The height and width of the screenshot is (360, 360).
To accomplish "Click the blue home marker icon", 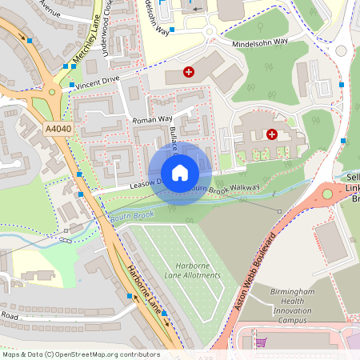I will (180, 173).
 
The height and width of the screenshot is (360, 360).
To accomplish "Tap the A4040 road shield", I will (58, 129).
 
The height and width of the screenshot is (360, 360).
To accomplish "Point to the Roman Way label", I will (154, 119).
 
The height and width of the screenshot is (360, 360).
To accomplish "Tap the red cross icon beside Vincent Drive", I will (189, 72).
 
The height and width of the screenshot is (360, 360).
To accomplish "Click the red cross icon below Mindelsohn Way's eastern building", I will (272, 134).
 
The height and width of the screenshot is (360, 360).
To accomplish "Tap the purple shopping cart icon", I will (260, 342).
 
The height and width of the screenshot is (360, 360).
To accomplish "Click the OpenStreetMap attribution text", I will (81, 354).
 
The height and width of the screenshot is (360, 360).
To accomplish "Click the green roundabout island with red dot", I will (326, 194).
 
